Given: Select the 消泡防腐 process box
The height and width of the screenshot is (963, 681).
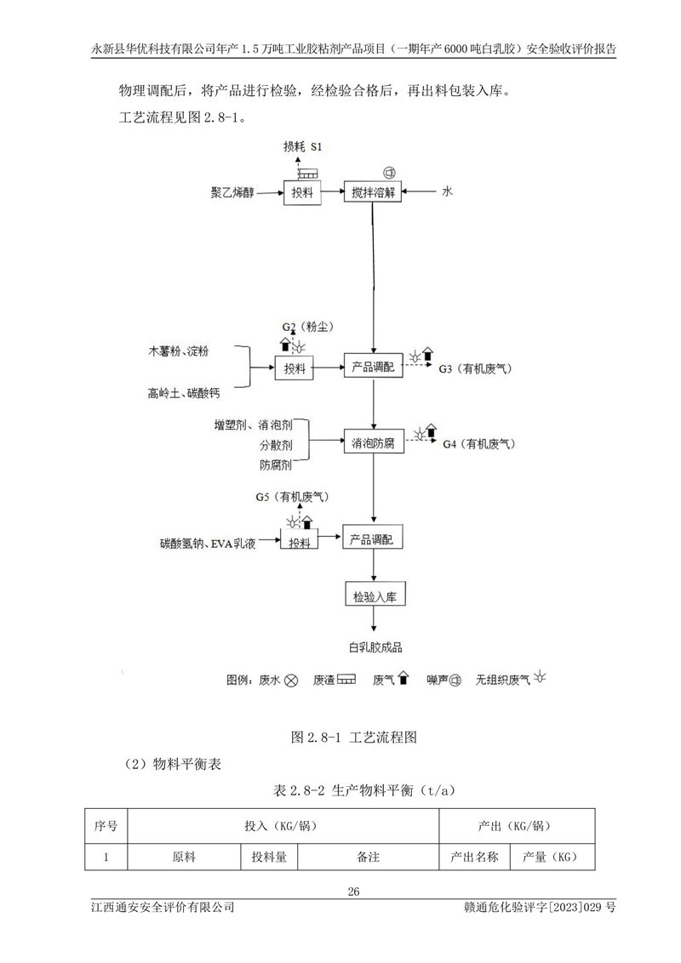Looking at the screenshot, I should pyautogui.click(x=373, y=443).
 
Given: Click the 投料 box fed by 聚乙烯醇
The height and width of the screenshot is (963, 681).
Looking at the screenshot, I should pyautogui.click(x=302, y=193).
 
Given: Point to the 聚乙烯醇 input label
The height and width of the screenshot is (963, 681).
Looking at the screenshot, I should pyautogui.click(x=235, y=193).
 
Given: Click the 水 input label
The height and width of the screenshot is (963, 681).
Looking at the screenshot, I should pyautogui.click(x=446, y=193).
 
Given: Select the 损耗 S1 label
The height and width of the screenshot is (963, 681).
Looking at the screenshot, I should pyautogui.click(x=305, y=146).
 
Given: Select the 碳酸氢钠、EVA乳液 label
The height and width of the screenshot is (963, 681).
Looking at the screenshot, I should pyautogui.click(x=207, y=543).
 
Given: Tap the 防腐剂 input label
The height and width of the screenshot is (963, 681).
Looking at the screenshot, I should pyautogui.click(x=276, y=464).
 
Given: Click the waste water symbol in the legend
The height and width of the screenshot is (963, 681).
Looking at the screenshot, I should pyautogui.click(x=291, y=681).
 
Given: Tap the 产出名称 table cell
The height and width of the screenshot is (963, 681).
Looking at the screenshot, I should pyautogui.click(x=474, y=858).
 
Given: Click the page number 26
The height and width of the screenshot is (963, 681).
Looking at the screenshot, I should pyautogui.click(x=354, y=892).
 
